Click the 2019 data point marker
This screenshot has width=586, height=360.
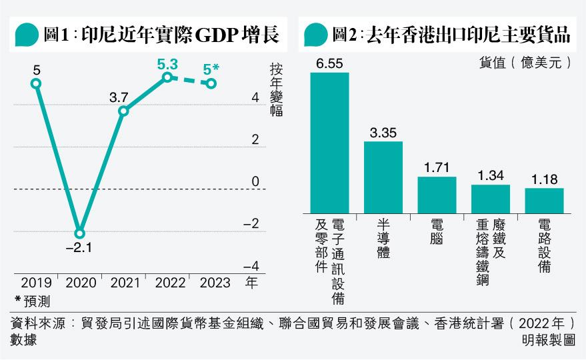36,83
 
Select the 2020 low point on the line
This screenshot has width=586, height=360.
80,233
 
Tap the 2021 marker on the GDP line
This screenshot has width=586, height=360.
123,111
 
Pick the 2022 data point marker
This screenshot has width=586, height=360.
167,77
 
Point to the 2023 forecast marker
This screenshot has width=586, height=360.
211,83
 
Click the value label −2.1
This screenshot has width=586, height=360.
79,249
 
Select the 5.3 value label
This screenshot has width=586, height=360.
167,64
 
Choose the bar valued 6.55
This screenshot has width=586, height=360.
330,142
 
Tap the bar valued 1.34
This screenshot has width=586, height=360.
491,198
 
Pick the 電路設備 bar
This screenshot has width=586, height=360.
544,200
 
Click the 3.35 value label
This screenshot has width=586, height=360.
383,133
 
